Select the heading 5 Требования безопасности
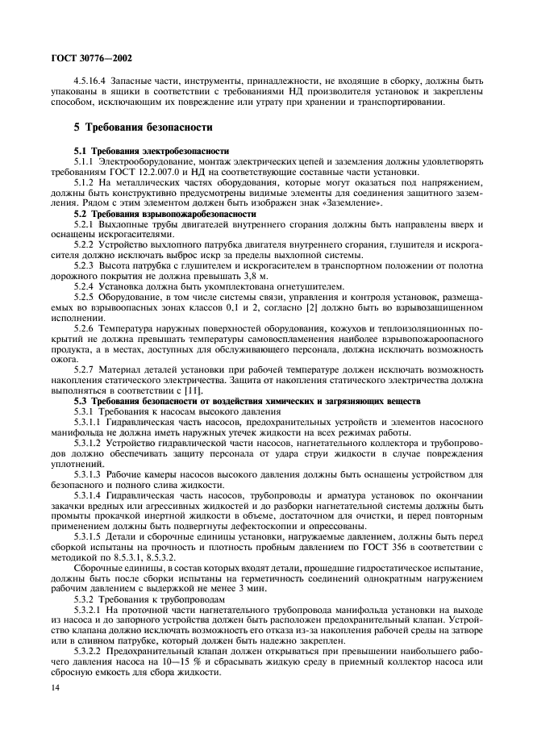(144, 127)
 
